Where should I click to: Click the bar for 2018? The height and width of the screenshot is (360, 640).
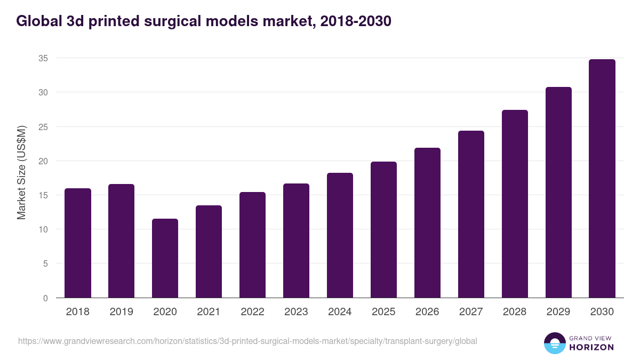(78, 243)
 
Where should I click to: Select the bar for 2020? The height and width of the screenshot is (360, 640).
(165, 258)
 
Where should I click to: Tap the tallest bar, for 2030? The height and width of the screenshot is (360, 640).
(602, 179)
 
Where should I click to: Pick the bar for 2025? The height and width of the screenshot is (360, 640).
(384, 230)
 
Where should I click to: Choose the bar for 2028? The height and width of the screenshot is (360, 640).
(515, 204)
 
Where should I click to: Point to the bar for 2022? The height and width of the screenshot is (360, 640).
(253, 245)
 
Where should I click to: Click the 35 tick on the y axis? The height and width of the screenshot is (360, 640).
(43, 58)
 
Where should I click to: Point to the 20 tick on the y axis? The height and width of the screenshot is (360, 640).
(43, 161)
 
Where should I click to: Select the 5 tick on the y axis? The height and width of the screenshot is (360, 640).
(45, 263)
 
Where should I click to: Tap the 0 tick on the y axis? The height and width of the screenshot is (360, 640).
(45, 298)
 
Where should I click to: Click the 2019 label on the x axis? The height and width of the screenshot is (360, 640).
(122, 312)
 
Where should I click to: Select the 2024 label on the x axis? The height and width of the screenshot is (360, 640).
(340, 312)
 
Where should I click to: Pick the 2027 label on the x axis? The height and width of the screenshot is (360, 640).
(471, 312)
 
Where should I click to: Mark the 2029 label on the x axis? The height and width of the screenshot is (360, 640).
(558, 312)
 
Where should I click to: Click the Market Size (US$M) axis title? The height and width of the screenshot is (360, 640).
(21, 173)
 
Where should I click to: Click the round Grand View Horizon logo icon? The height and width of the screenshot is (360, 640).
(554, 343)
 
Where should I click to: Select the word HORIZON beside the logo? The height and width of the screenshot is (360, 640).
(591, 347)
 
